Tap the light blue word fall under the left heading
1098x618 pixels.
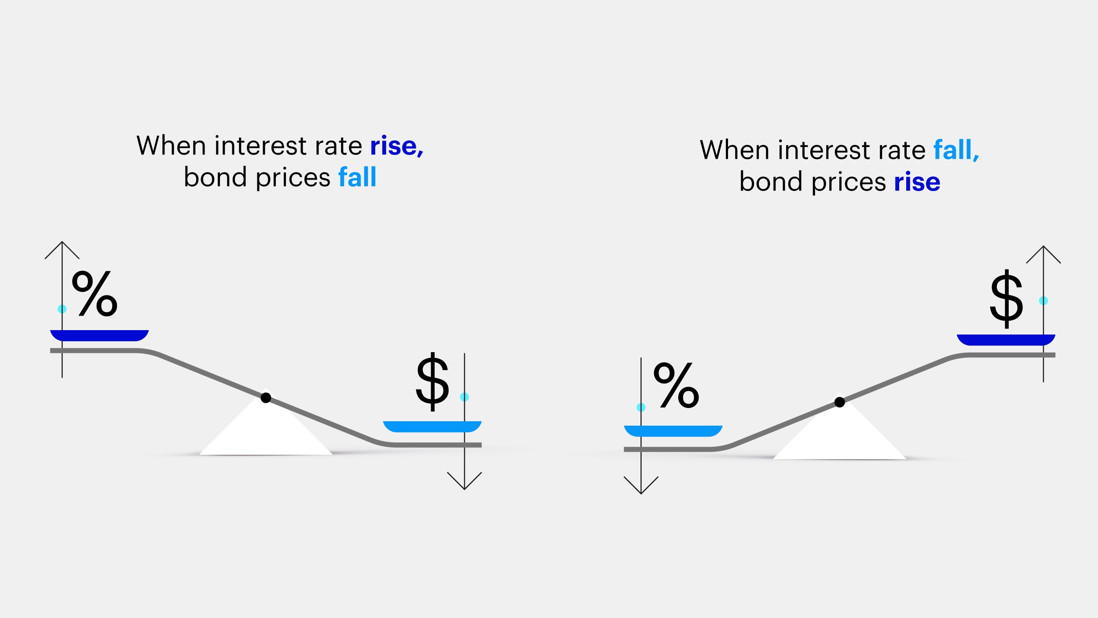tap(357, 177)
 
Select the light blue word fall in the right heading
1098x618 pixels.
tap(956, 150)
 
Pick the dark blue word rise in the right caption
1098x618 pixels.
tap(917, 182)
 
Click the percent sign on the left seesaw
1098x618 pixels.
tap(95, 293)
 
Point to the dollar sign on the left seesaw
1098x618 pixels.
tap(432, 382)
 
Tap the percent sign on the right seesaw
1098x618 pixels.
tap(676, 385)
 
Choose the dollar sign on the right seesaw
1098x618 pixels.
tap(1006, 298)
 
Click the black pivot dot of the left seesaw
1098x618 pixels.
tap(266, 398)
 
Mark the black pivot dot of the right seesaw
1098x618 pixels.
tap(840, 402)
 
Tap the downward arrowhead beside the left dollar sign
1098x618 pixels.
tap(465, 481)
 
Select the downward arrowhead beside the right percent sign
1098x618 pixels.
tap(641, 486)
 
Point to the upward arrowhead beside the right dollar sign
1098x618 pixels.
tap(1043, 254)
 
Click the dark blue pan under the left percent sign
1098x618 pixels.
tap(99, 335)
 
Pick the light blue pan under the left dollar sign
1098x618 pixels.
tap(432, 427)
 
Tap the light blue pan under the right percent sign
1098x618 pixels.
tap(673, 431)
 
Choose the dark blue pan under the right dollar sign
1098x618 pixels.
tap(1006, 340)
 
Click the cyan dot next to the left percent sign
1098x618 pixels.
tap(62, 309)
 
